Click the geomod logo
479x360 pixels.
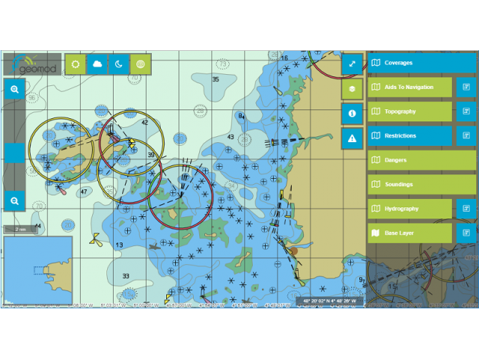point(31,64)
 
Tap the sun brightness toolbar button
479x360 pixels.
point(76,64)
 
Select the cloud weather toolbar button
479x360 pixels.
point(97,64)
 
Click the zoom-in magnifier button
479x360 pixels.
point(14,89)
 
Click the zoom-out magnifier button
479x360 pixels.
point(14,201)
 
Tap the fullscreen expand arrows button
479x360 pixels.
point(352,64)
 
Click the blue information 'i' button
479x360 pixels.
point(352,113)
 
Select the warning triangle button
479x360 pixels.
point(352,138)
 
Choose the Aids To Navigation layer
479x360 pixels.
point(410,88)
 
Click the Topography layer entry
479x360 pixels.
point(410,112)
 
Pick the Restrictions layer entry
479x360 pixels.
point(410,136)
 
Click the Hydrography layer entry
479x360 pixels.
point(410,209)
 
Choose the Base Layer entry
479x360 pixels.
point(410,234)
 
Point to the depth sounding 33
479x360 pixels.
point(126,276)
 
